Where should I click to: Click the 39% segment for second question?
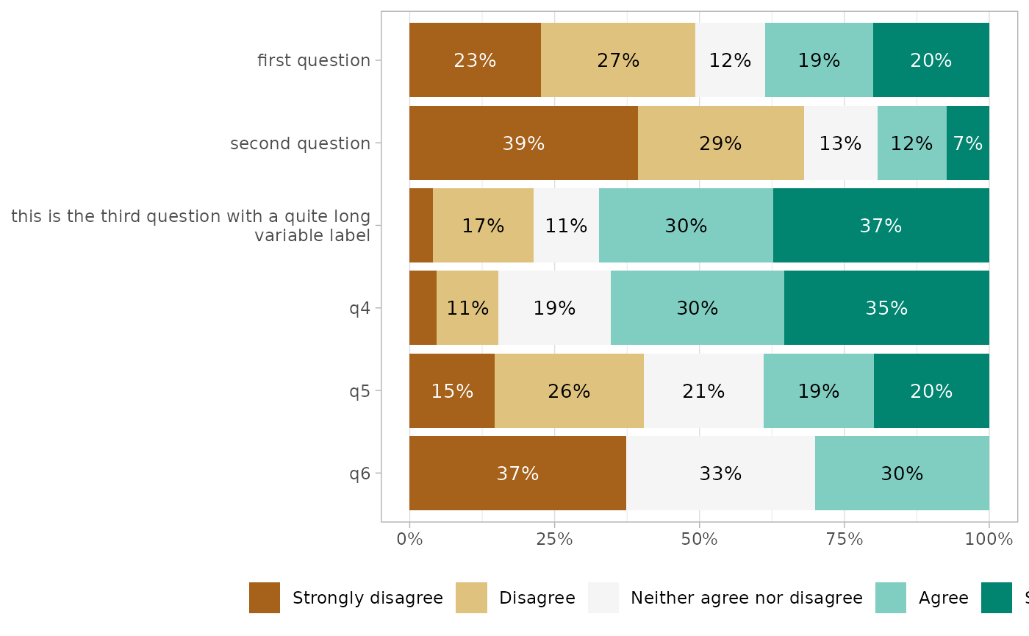[523, 143]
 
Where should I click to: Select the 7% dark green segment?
[967, 143]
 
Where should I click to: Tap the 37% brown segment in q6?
[517, 473]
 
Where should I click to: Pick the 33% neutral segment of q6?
[720, 473]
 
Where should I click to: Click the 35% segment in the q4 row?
[886, 307]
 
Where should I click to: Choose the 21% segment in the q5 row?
[703, 390]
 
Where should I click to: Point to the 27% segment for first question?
[618, 60]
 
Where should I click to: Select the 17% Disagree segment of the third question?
[483, 225]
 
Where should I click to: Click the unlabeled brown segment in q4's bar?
[423, 307]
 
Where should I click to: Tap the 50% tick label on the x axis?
[699, 540]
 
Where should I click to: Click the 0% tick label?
[409, 540]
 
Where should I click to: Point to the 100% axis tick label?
[989, 540]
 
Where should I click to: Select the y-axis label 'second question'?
[300, 143]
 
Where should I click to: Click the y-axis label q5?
[359, 390]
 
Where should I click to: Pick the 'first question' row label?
[314, 60]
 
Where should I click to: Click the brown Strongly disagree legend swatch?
[265, 598]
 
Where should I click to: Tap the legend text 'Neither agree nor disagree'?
[747, 598]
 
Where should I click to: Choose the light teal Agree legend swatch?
[891, 598]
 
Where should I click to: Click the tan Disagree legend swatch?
[471, 598]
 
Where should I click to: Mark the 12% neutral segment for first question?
[730, 60]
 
